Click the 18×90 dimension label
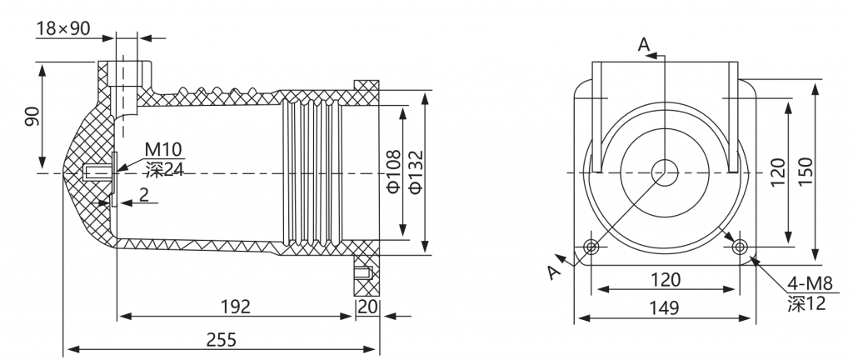click(63, 28)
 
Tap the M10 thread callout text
click(163, 149)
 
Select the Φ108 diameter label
click(393, 171)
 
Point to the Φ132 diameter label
click(416, 171)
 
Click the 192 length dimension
click(236, 307)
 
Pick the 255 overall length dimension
click(222, 340)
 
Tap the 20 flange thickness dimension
click(367, 307)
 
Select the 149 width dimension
click(664, 308)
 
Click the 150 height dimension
click(806, 171)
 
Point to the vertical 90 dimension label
click(32, 117)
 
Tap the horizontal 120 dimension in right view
click(666, 279)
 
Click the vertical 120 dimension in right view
click(779, 172)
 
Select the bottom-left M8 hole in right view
click(591, 247)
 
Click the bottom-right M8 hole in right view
click(739, 247)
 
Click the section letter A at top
click(644, 45)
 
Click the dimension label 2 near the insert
click(143, 195)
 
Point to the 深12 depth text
click(806, 302)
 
